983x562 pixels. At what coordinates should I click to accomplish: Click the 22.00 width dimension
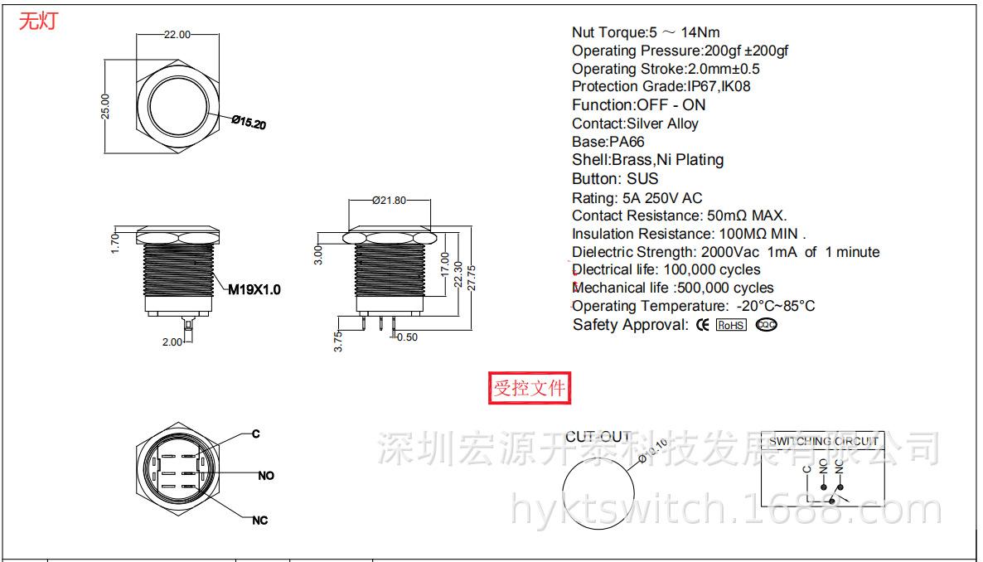click(177, 35)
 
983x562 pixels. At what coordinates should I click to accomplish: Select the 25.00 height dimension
click(105, 106)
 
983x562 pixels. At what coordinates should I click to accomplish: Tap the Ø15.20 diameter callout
click(249, 122)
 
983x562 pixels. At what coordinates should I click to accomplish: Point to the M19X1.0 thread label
click(254, 289)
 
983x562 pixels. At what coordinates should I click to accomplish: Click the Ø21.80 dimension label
click(389, 200)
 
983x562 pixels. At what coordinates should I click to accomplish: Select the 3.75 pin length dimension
click(338, 341)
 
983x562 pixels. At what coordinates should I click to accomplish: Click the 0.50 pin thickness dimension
click(406, 337)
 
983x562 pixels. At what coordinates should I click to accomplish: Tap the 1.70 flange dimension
click(116, 242)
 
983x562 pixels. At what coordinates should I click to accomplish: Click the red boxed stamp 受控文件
click(530, 388)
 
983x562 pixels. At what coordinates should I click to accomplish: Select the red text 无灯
click(38, 22)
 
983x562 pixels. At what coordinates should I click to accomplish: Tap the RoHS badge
click(731, 325)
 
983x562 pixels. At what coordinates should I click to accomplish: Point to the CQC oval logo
click(767, 325)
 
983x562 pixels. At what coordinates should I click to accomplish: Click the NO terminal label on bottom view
click(266, 476)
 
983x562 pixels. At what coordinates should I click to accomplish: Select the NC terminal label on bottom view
click(260, 521)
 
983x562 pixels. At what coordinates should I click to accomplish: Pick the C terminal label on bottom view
click(256, 434)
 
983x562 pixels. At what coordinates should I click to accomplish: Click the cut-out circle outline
click(564, 487)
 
